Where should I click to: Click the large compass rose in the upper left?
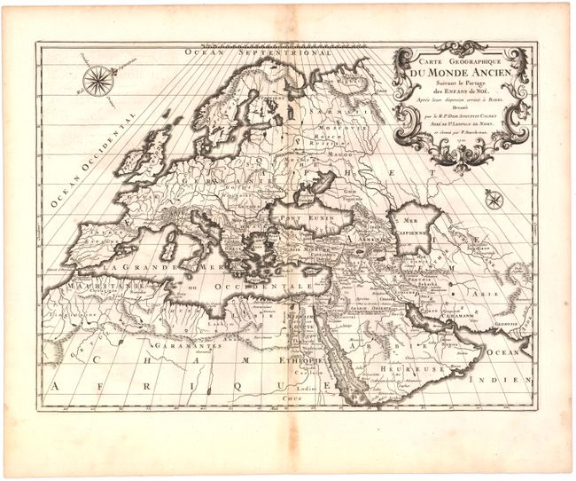(x=95, y=80)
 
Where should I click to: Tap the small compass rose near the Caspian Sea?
(x=494, y=200)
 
